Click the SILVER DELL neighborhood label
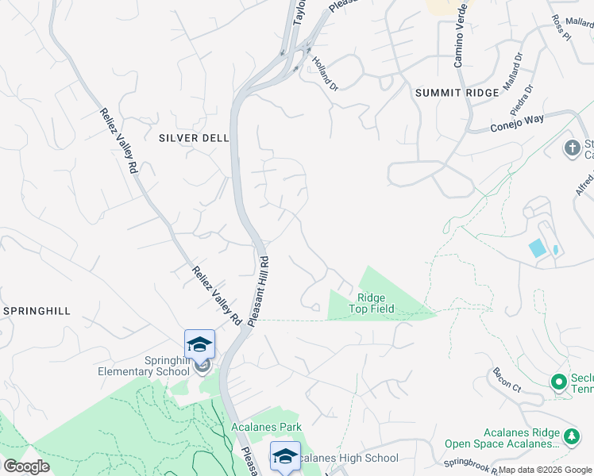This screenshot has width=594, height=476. [194, 138]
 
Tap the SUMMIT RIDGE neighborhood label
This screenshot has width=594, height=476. [457, 93]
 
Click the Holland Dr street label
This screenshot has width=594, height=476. [324, 72]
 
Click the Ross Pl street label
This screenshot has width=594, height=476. [561, 28]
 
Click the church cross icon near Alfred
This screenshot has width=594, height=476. [571, 148]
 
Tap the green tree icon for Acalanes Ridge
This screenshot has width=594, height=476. [571, 437]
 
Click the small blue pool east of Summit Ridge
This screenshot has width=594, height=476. [538, 248]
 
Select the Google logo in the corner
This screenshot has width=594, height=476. [26, 466]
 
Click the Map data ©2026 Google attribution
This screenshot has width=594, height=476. [545, 470]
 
